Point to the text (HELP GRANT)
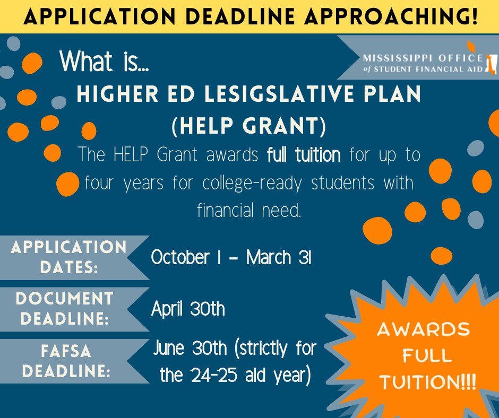pyautogui.click(x=248, y=126)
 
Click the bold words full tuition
pyautogui.click(x=303, y=155)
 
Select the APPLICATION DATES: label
pyautogui.click(x=68, y=257)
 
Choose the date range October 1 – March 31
pyautogui.click(x=231, y=257)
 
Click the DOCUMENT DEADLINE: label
pyautogui.click(x=64, y=309)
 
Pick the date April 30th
pyautogui.click(x=188, y=309)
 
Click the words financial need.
pyautogui.click(x=249, y=211)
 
